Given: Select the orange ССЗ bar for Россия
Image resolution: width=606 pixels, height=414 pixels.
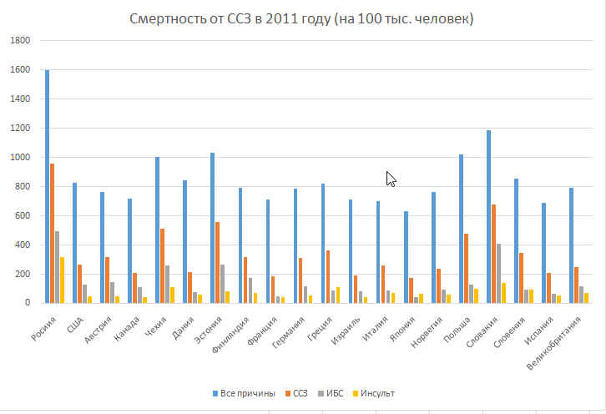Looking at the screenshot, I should (x=53, y=233).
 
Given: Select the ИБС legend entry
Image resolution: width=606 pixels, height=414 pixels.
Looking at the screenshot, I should (x=332, y=393).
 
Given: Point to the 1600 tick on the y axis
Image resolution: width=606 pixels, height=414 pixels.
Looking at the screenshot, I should (x=19, y=70).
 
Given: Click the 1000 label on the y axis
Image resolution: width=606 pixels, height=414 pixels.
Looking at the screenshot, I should (x=19, y=158).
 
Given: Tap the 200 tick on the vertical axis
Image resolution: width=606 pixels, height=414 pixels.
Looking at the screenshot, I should (x=23, y=274).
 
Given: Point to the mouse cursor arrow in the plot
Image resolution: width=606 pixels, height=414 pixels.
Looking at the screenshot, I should (x=390, y=177).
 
